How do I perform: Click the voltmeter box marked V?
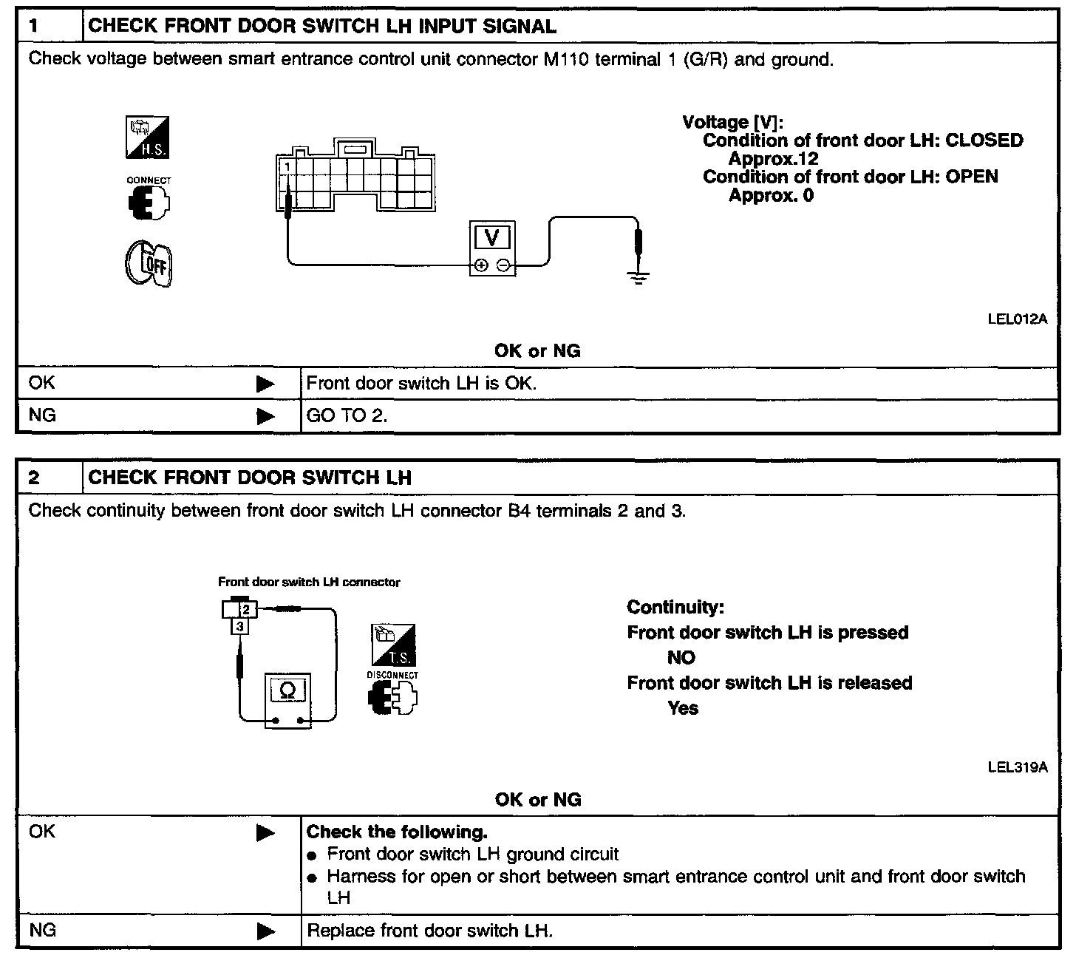pyautogui.click(x=492, y=247)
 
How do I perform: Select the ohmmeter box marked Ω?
pyautogui.click(x=288, y=699)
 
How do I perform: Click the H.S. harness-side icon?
pyautogui.click(x=149, y=137)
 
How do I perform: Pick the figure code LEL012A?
pyautogui.click(x=1017, y=319)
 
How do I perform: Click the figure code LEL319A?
pyautogui.click(x=1017, y=767)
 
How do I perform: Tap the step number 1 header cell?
pyautogui.click(x=49, y=27)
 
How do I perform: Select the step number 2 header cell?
pyautogui.click(x=49, y=478)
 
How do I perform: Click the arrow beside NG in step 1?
pyautogui.click(x=265, y=417)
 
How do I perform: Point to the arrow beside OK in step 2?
pyautogui.click(x=265, y=833)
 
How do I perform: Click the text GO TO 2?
pyautogui.click(x=347, y=416)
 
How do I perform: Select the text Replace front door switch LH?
pyautogui.click(x=429, y=930)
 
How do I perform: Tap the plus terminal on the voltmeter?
pyautogui.click(x=481, y=265)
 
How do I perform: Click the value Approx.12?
pyautogui.click(x=773, y=159)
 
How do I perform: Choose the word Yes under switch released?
pyautogui.click(x=683, y=708)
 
